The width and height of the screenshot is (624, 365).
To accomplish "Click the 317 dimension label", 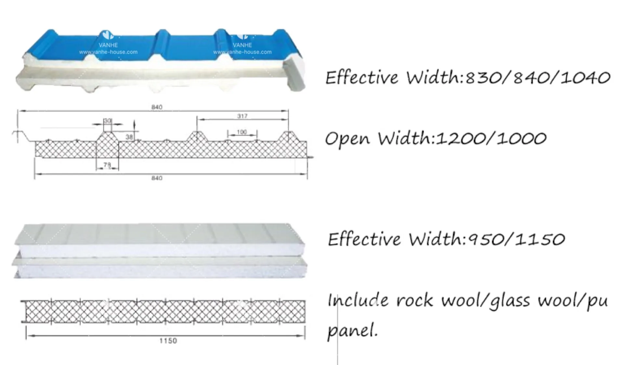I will coord(242,116).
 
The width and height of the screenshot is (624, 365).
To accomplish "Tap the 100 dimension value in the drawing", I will coord(242,132).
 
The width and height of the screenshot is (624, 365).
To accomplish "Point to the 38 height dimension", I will coord(129,137).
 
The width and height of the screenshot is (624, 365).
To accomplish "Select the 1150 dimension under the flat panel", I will coord(168,341).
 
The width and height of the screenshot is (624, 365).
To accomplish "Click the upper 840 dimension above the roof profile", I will coord(157,107).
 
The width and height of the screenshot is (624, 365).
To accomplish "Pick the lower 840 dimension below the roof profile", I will coord(157,178).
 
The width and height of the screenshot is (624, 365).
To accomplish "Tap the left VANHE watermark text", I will coord(108,45).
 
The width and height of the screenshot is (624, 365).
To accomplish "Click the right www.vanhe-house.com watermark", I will coord(242,52).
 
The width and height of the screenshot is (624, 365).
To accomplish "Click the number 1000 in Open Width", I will coord(522,139).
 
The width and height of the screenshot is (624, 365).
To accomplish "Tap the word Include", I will coord(358,300).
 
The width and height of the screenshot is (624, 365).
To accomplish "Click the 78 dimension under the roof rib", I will coord(107,165).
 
